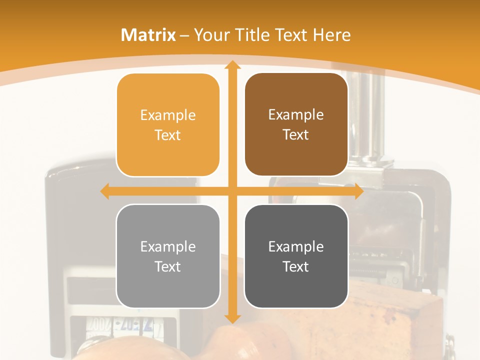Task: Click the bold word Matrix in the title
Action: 148,35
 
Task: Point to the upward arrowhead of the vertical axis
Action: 232,64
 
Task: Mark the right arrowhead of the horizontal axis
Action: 358,191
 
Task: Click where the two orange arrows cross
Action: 232,191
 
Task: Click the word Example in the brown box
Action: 296,114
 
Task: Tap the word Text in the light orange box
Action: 167,135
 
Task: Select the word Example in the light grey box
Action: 168,246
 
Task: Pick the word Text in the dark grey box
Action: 296,266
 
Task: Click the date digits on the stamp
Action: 120,327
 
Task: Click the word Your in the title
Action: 211,35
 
